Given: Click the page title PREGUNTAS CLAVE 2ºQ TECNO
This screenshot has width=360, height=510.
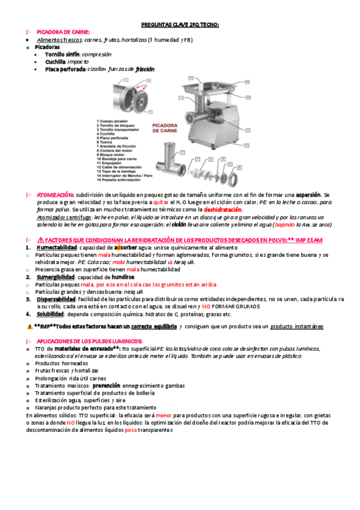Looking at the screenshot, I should (x=180, y=25).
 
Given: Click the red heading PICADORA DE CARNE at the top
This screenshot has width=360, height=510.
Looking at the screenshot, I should (x=63, y=32).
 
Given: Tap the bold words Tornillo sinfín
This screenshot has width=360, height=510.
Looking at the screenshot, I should (x=63, y=54).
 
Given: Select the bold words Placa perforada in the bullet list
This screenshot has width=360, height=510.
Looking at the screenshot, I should (x=65, y=69).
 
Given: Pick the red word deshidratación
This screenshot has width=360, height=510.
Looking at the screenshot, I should (x=223, y=210).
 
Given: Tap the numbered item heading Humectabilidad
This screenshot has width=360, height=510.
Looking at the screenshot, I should (x=56, y=248).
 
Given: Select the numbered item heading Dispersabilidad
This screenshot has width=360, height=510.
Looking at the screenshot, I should (x=56, y=299).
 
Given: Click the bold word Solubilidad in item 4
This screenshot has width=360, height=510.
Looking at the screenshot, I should (x=50, y=314).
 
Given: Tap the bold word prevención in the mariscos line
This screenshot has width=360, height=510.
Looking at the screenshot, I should (x=106, y=386).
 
